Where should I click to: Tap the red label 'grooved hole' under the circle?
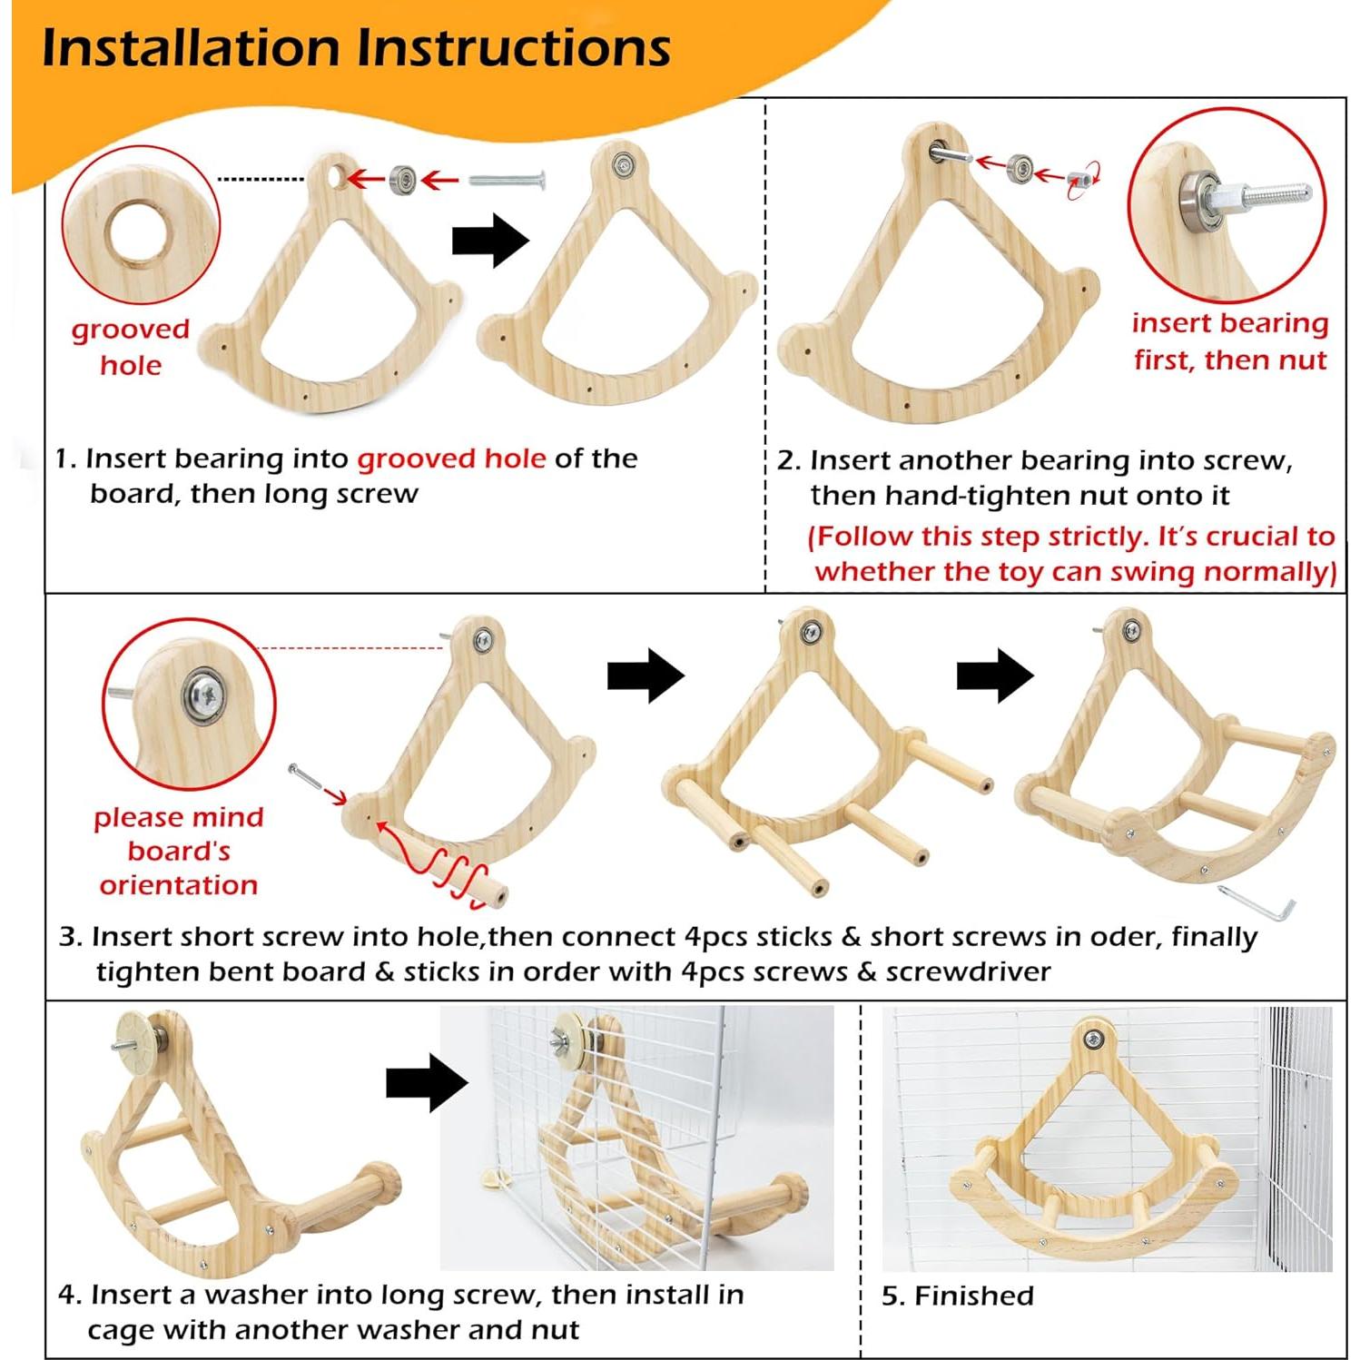pyautogui.click(x=130, y=347)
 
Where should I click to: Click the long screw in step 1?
pyautogui.click(x=507, y=181)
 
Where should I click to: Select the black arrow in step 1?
pyautogui.click(x=490, y=241)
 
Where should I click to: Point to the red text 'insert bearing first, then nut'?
pyautogui.click(x=1229, y=341)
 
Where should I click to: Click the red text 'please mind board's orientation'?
pyautogui.click(x=179, y=851)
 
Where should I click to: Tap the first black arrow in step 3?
pyautogui.click(x=646, y=675)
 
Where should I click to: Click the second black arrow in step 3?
pyautogui.click(x=995, y=675)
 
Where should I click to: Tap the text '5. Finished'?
pyautogui.click(x=957, y=1296)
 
